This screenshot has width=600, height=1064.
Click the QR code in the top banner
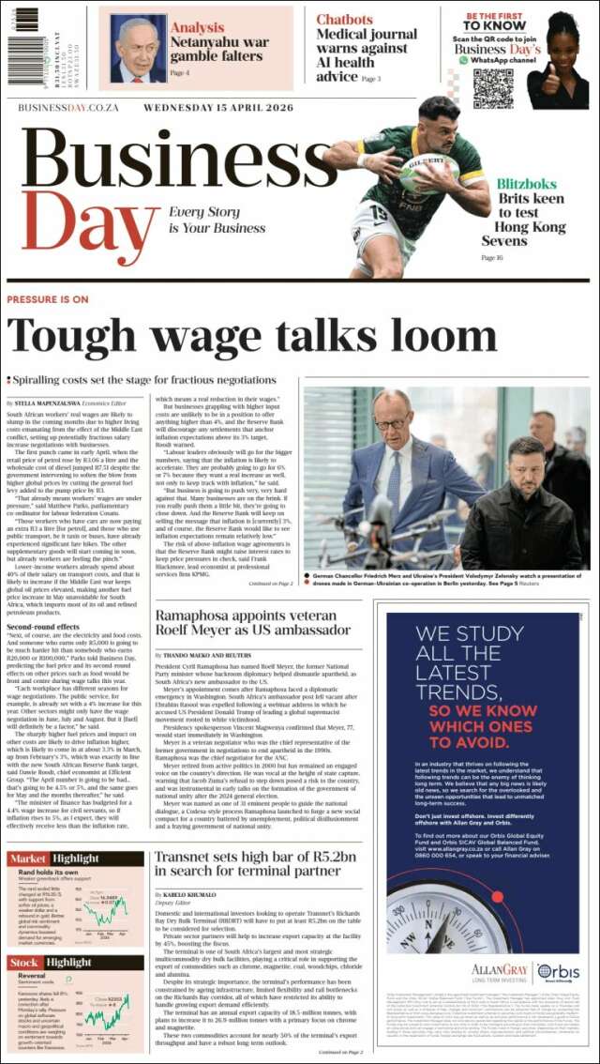pos(493,87)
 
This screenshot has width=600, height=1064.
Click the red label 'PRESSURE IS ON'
pos(47,299)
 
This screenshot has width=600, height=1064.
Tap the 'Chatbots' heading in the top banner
pos(344,19)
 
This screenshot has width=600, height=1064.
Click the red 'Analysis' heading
pos(197,28)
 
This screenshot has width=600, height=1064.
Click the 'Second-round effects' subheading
pos(43,627)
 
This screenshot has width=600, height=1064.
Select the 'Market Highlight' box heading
pos(53,859)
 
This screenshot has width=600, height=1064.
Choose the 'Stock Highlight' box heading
pos(52,963)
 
